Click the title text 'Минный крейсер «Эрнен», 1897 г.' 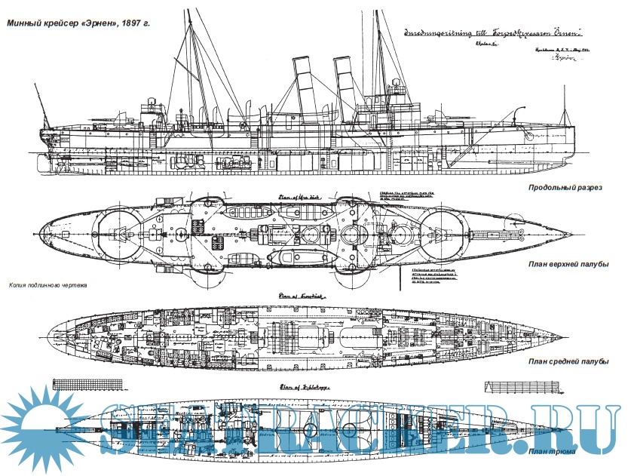[x=78, y=23]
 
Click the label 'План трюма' [x=552, y=451]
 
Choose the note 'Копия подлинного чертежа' [x=48, y=286]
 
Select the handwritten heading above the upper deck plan [x=290, y=198]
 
